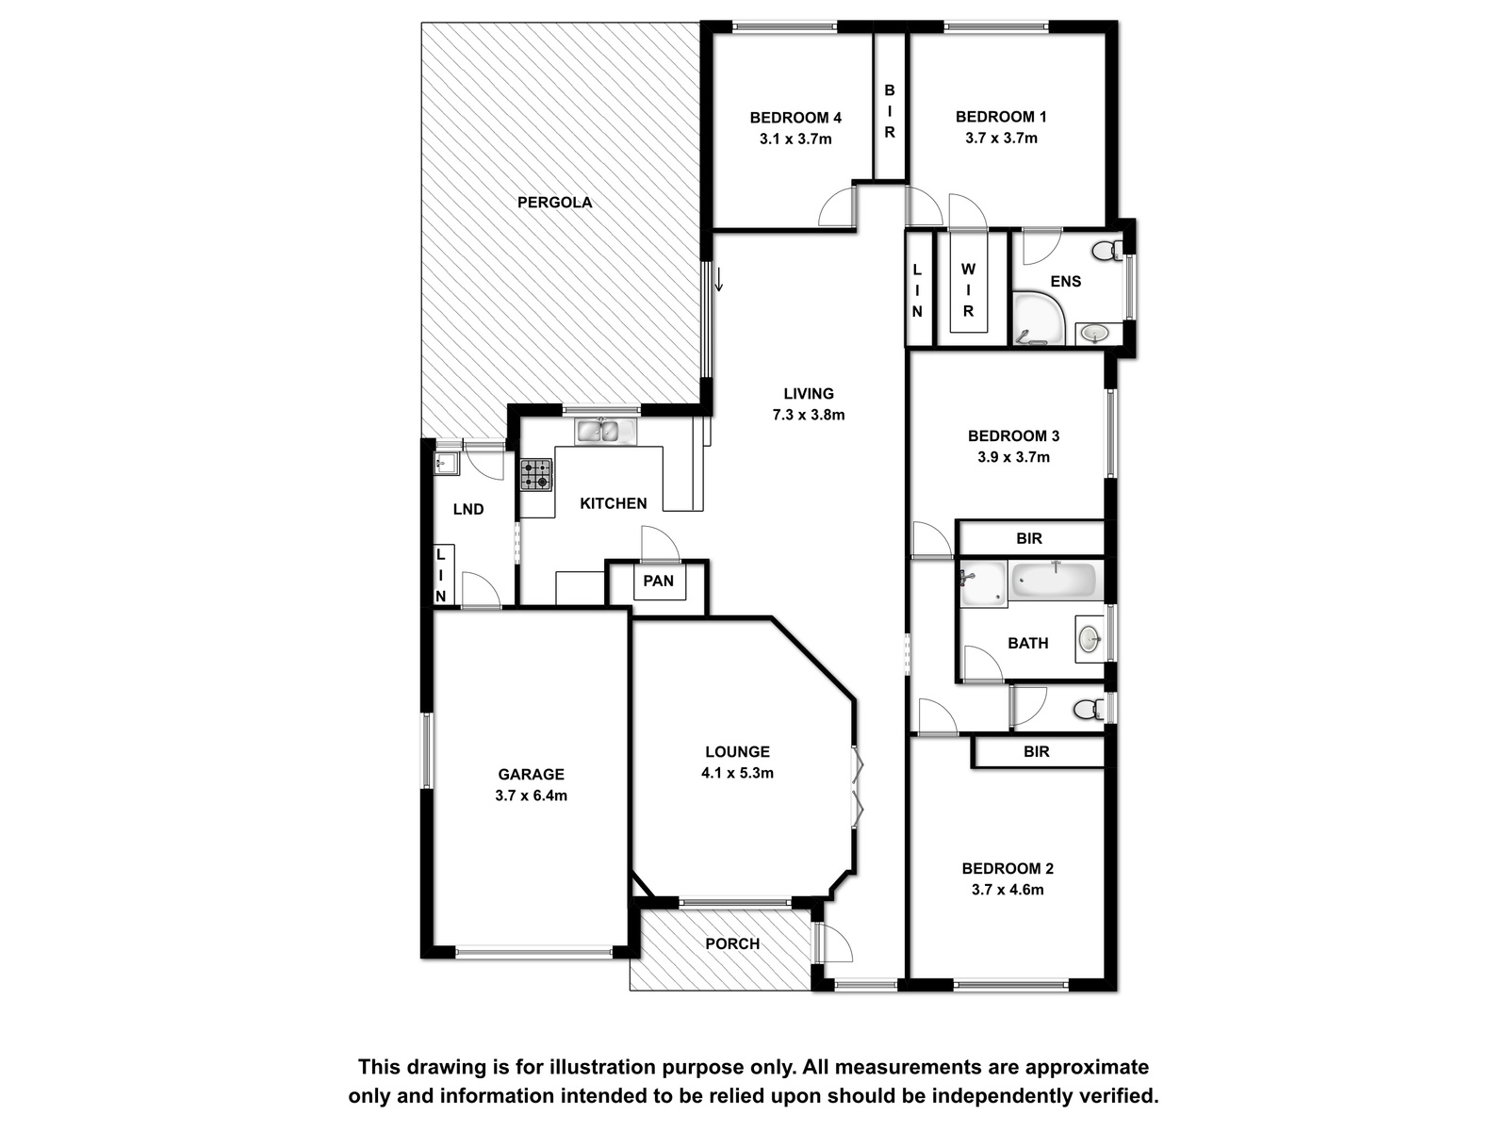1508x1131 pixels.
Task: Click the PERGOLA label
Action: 554,203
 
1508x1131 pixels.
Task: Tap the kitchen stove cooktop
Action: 536,474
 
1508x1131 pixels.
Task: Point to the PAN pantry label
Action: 658,581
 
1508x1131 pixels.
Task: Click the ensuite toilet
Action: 1107,251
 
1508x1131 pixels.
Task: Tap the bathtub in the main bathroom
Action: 1053,581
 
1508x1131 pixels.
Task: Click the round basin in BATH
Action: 1090,639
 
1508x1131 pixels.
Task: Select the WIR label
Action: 968,289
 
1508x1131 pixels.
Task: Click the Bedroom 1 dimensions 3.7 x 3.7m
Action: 1001,138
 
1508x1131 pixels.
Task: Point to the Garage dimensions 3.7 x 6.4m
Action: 531,795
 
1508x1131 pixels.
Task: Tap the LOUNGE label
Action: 737,752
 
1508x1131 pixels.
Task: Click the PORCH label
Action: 732,944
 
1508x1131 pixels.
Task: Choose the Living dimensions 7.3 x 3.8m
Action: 809,415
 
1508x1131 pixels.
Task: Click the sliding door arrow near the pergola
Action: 718,280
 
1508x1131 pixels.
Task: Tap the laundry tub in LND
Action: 447,464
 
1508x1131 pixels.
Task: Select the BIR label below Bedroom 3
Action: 1029,538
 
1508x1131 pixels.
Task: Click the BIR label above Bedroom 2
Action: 1036,752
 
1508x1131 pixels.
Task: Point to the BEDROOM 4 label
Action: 795,118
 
